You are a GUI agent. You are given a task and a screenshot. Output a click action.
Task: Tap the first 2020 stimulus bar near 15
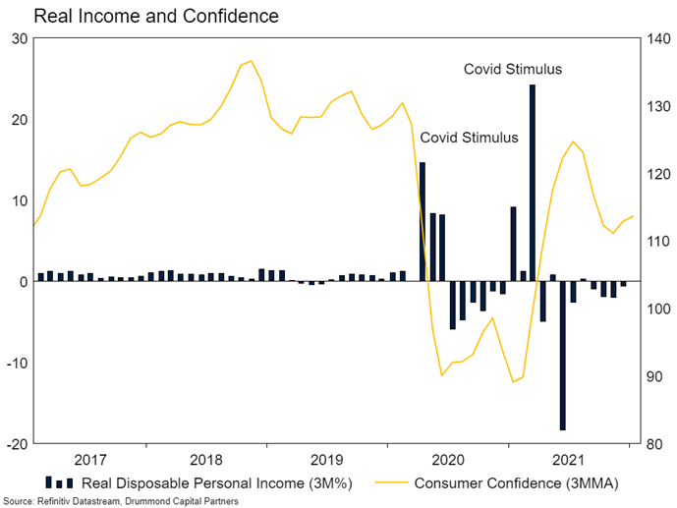click(x=423, y=222)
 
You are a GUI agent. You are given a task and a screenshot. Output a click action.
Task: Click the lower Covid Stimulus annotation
click(x=468, y=138)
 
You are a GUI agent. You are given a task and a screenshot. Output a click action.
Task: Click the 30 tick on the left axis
click(x=20, y=38)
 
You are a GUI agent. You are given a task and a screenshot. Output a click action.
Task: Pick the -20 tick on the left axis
click(x=18, y=444)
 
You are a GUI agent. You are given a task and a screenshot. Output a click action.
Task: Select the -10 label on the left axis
click(x=18, y=363)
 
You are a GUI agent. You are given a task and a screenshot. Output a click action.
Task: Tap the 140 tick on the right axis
click(x=657, y=38)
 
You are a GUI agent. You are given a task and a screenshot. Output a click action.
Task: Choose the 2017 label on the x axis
click(x=90, y=460)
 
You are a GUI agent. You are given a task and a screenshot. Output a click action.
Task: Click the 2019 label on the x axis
click(x=325, y=460)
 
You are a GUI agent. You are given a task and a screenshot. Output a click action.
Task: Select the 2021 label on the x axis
click(x=570, y=460)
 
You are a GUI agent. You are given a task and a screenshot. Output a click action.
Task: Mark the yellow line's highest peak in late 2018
click(x=251, y=61)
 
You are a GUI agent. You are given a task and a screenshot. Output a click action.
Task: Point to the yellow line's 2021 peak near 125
click(x=574, y=141)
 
